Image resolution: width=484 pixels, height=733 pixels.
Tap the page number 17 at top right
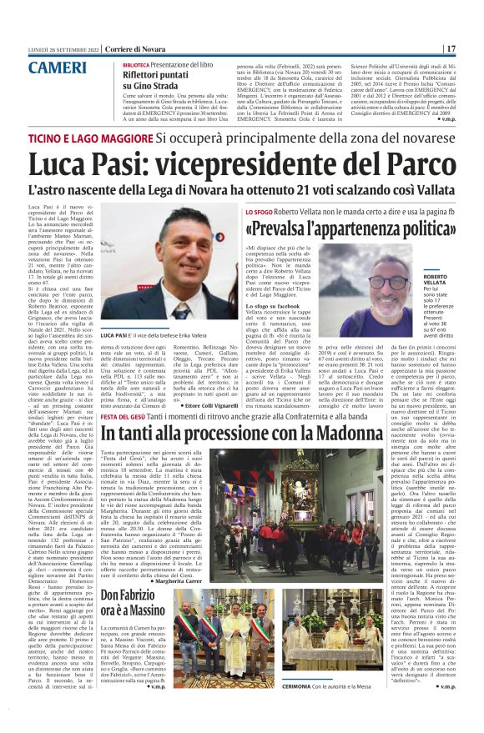coord(450,48)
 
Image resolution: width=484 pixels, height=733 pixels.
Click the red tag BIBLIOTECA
coord(113,64)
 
